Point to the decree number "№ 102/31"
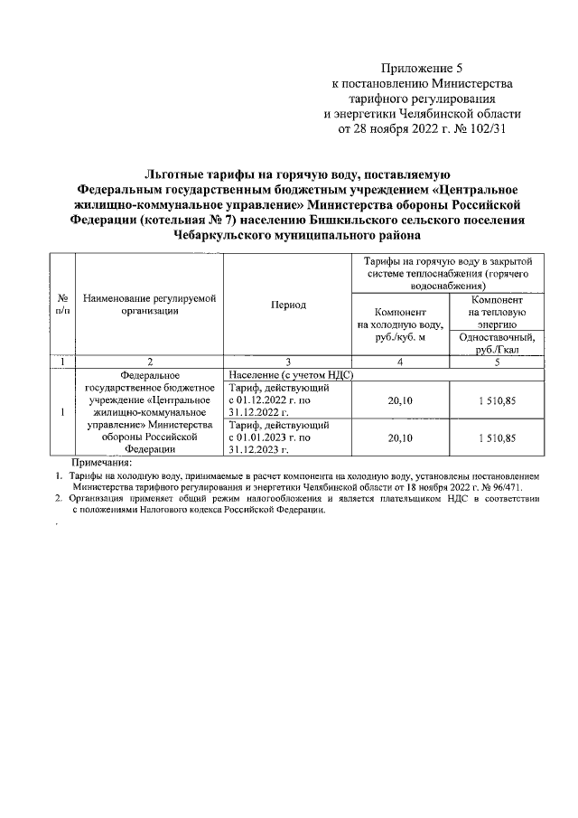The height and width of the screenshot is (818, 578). coord(495,129)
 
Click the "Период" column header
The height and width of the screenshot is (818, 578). coord(288,305)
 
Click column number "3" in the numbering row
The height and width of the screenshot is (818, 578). coord(288,362)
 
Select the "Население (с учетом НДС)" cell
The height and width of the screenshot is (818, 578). coord(289,373)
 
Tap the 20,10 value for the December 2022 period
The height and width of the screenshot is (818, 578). coord(399,399)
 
